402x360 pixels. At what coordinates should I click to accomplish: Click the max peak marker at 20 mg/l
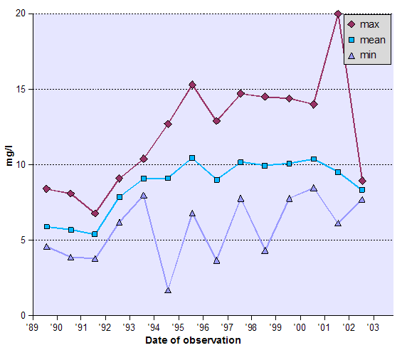click(338, 14)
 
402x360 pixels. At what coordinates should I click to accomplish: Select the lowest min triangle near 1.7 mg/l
click(168, 290)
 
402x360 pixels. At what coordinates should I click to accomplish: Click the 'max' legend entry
click(368, 25)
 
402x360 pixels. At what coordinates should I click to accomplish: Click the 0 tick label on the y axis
click(23, 315)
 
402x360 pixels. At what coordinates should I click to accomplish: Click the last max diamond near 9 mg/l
click(362, 181)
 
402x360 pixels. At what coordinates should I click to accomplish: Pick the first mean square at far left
click(46, 227)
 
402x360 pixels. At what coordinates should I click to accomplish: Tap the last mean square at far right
click(362, 190)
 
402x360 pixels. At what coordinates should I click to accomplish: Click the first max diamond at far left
click(46, 189)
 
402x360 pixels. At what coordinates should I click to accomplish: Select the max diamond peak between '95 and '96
click(192, 85)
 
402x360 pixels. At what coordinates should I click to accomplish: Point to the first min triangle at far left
click(46, 247)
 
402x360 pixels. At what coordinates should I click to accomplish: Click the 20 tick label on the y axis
click(21, 14)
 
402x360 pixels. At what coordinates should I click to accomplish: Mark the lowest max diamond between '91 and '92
click(95, 213)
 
